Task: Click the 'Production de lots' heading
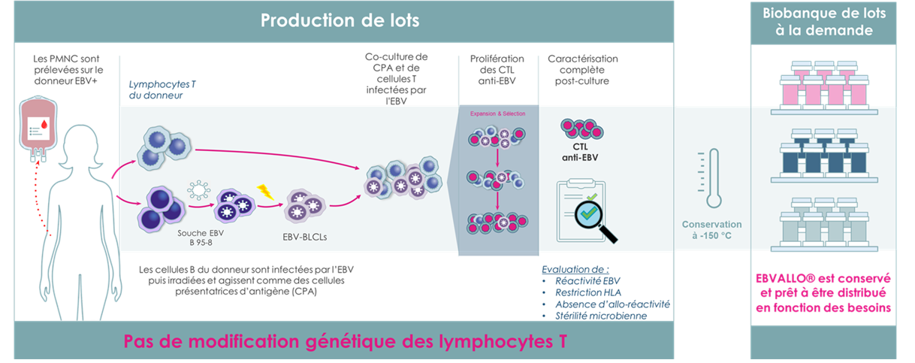click(340, 20)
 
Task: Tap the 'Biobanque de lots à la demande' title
click(823, 23)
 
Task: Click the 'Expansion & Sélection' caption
click(497, 113)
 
